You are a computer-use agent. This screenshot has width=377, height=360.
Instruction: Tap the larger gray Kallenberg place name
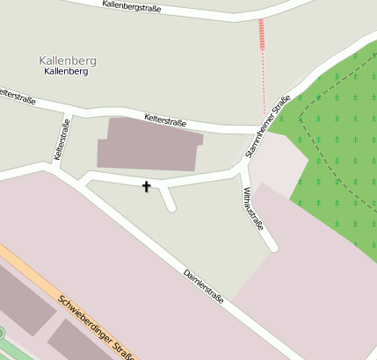point(68,60)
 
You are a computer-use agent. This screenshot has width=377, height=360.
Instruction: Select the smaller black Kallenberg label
point(66,71)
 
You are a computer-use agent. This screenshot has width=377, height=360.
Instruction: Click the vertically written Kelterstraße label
point(62,139)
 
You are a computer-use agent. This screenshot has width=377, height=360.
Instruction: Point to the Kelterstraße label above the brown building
point(165,121)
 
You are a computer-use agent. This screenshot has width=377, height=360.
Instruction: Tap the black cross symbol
point(146,186)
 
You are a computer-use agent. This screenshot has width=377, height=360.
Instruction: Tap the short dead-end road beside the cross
point(168,199)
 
